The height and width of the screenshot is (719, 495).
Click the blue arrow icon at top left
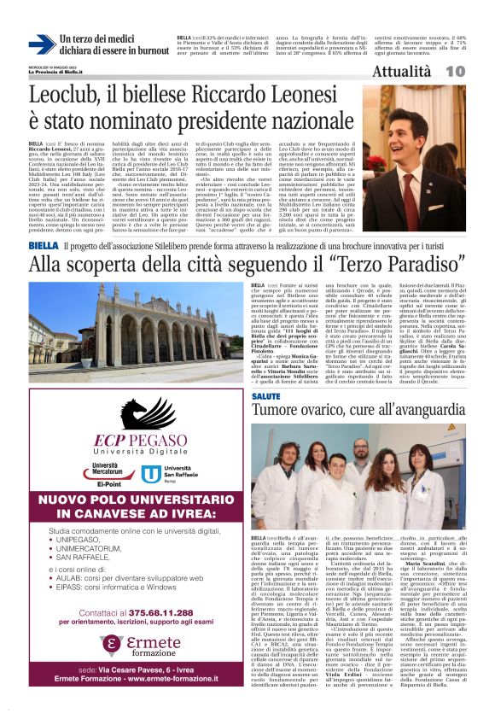click(42, 44)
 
